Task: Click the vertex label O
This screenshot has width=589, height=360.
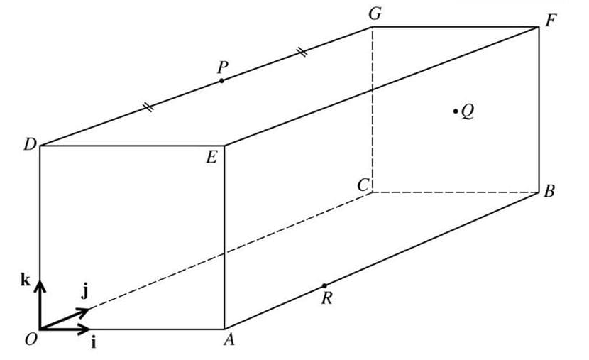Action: click(x=31, y=340)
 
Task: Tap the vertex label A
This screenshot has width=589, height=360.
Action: click(x=229, y=341)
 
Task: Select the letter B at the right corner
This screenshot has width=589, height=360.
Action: click(x=549, y=192)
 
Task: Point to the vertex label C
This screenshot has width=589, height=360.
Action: click(x=363, y=185)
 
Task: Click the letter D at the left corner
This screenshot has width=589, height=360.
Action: click(x=29, y=145)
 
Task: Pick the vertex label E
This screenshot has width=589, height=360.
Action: click(x=211, y=158)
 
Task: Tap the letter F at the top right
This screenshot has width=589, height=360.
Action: click(x=551, y=20)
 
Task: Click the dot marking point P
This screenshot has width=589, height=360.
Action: click(x=221, y=81)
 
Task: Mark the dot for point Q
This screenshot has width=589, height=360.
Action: click(x=456, y=111)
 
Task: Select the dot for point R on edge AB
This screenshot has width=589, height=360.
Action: click(x=324, y=285)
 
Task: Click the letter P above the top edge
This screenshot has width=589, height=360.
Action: click(x=223, y=67)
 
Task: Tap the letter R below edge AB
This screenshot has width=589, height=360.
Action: click(x=326, y=298)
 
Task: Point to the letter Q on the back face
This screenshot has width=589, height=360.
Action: click(x=467, y=111)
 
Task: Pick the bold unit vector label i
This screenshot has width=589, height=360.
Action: click(x=94, y=342)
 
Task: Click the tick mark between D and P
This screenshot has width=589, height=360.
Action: click(x=148, y=107)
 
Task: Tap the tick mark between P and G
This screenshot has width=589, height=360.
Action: click(x=302, y=52)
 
